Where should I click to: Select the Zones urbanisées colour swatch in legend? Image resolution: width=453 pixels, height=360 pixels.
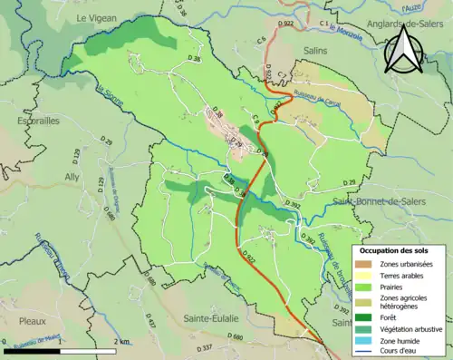[366, 263]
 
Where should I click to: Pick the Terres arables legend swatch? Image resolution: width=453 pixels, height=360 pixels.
[366, 276]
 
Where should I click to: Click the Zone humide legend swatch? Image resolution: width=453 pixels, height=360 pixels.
[366, 342]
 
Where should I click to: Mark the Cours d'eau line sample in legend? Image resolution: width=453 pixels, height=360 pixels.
[366, 354]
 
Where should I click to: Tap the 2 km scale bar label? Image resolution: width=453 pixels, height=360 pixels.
[121, 341]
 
